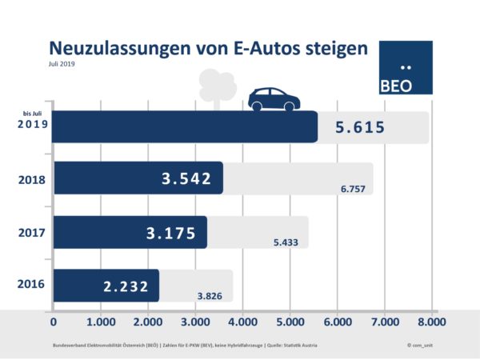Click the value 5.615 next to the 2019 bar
[x=360, y=128]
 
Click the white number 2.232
[x=126, y=286]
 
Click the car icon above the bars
[x=274, y=99]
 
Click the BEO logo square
[x=405, y=67]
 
